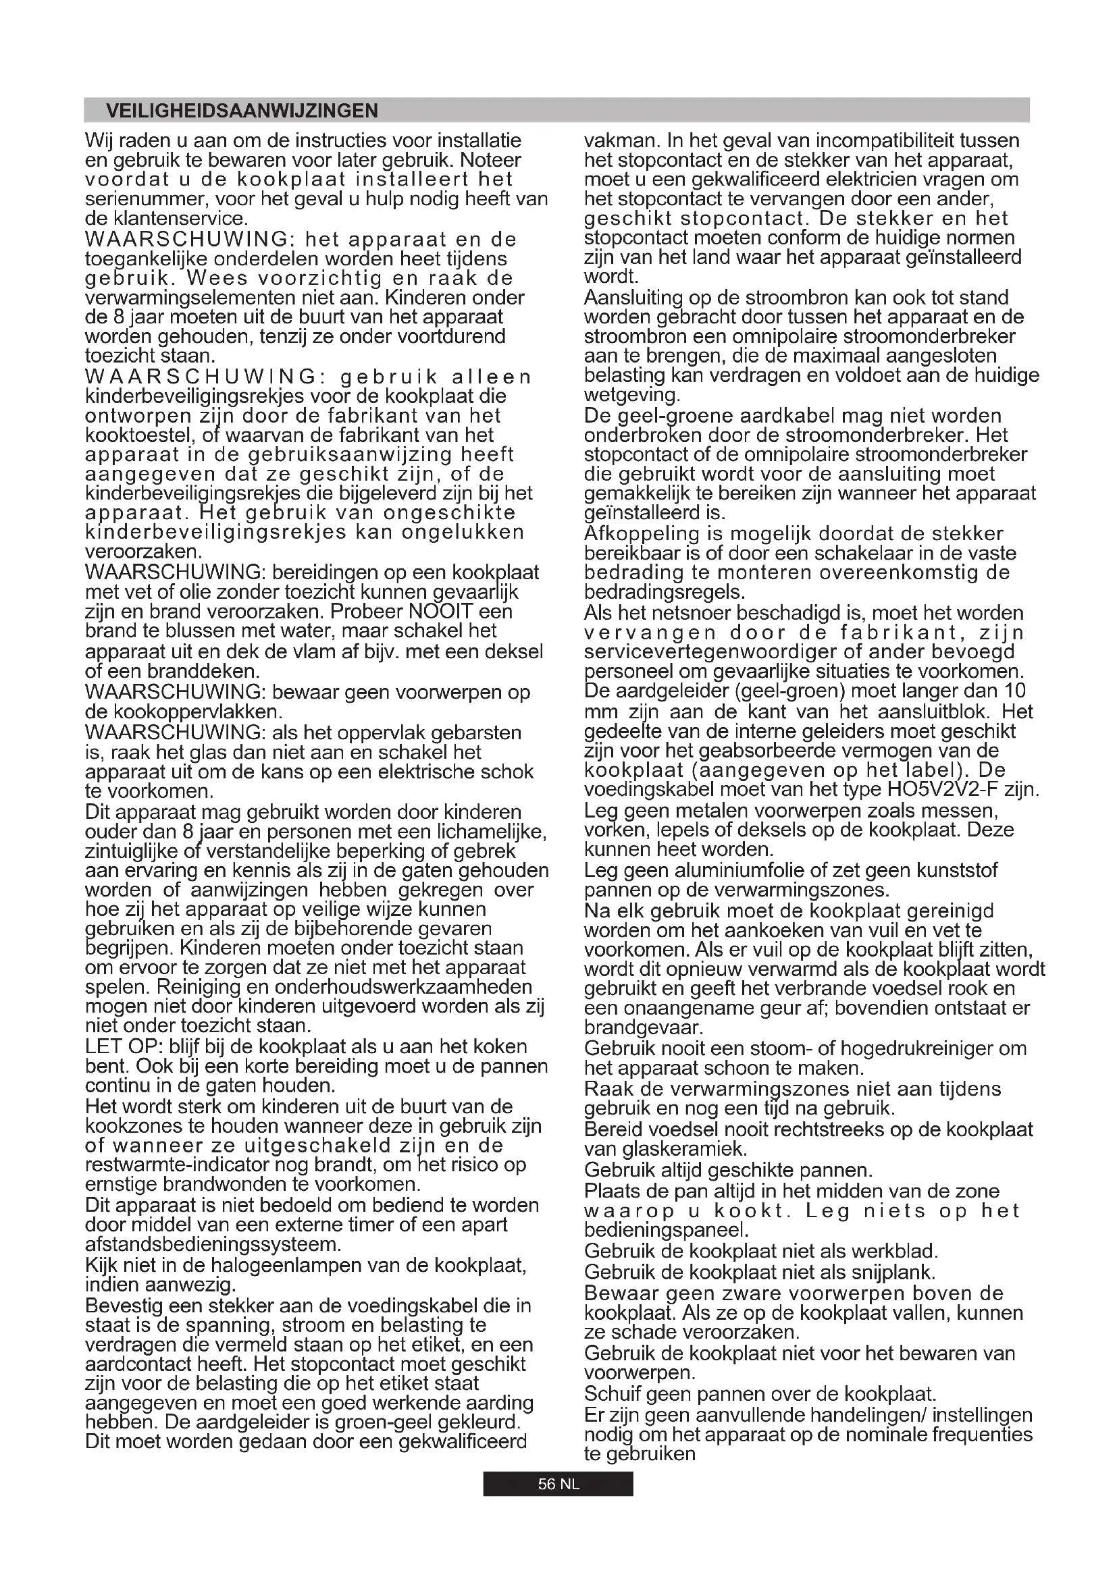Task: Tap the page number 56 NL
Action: click(x=558, y=1484)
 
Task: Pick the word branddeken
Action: click(x=209, y=670)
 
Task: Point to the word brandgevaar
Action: click(x=644, y=1028)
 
